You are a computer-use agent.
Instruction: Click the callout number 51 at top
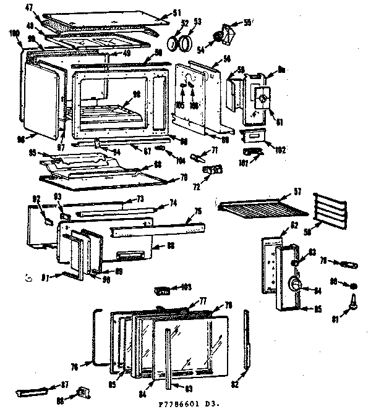[x=160, y=12]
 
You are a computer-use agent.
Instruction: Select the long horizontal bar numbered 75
[x=157, y=229]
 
